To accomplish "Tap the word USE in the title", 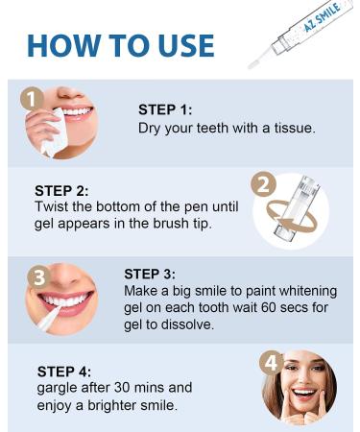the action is pos(186,45).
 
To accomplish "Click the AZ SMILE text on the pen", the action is pos(322,17).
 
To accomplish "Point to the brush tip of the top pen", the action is pos(252,65).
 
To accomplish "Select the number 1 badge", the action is pos(32,99).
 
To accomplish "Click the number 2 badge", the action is pos(263,184).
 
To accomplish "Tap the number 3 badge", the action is pos(38,276).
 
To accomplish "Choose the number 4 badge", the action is pos(271,363).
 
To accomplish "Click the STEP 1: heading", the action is pos(165,109).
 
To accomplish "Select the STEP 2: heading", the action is pos(61,191).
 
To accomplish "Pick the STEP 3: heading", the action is pos(150,275).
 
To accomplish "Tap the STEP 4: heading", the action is pos(64,372).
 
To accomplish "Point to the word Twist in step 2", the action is pos(52,206).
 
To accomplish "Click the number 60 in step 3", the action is pos(269,308).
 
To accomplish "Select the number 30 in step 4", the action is pos(122,388).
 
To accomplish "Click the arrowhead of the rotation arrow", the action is pos(281,223).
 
